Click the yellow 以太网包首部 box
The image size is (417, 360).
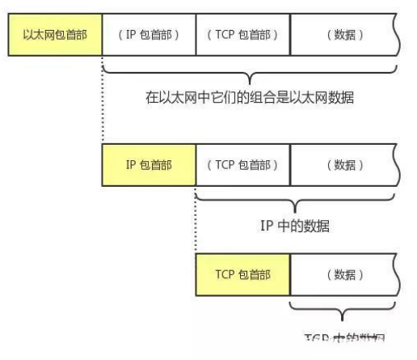[x=55, y=36]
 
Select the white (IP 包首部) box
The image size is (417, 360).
[x=149, y=36]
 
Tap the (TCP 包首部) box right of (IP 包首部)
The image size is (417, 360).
[x=242, y=36]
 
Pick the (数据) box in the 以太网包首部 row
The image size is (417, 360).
[x=343, y=36]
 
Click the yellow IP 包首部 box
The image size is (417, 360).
[x=149, y=164]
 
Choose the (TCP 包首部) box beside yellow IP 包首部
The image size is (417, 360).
[x=242, y=164]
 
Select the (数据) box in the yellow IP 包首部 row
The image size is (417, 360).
[x=343, y=164]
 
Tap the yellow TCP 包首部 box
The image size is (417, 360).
[x=242, y=273]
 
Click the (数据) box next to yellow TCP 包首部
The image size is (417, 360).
[x=343, y=273]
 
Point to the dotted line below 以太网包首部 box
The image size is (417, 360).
[x=103, y=101]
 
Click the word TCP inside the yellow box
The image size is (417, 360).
[x=225, y=273]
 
